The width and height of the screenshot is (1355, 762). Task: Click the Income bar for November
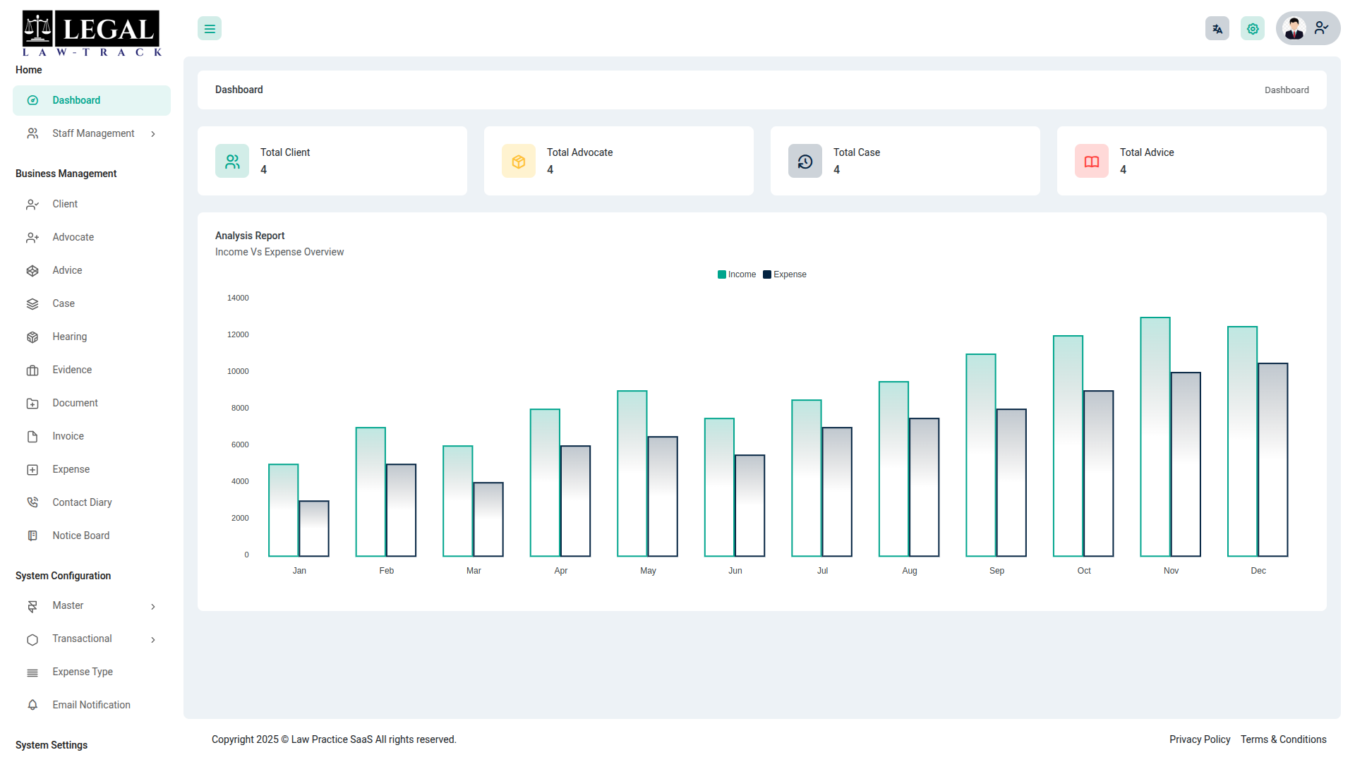[x=1155, y=437]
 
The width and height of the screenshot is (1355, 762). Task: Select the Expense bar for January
[x=314, y=528]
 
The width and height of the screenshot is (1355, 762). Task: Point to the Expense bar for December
[x=1273, y=460]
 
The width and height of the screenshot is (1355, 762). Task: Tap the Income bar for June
[x=719, y=488]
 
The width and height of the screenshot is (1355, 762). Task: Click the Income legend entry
[x=737, y=274]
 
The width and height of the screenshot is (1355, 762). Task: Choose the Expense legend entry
[x=785, y=274]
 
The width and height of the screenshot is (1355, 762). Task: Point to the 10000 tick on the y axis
[x=238, y=371]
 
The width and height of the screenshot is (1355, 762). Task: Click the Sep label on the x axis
[x=996, y=571]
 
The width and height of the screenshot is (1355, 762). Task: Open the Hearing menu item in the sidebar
[x=70, y=337]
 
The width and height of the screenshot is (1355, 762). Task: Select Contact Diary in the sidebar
[x=82, y=502]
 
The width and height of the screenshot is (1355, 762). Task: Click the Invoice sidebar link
[x=68, y=436]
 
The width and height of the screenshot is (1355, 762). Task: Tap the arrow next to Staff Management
[x=153, y=134]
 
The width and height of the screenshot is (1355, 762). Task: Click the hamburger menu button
[x=210, y=29]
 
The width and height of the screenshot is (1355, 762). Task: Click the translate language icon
[x=1217, y=29]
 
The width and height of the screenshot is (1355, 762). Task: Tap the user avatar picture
[x=1294, y=28]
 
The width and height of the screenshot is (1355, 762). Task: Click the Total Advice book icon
[x=1092, y=162]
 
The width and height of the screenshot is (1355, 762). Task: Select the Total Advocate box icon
[x=519, y=162]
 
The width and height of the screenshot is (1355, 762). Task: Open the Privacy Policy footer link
[x=1200, y=739]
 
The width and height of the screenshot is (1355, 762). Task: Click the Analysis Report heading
[x=250, y=236]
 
